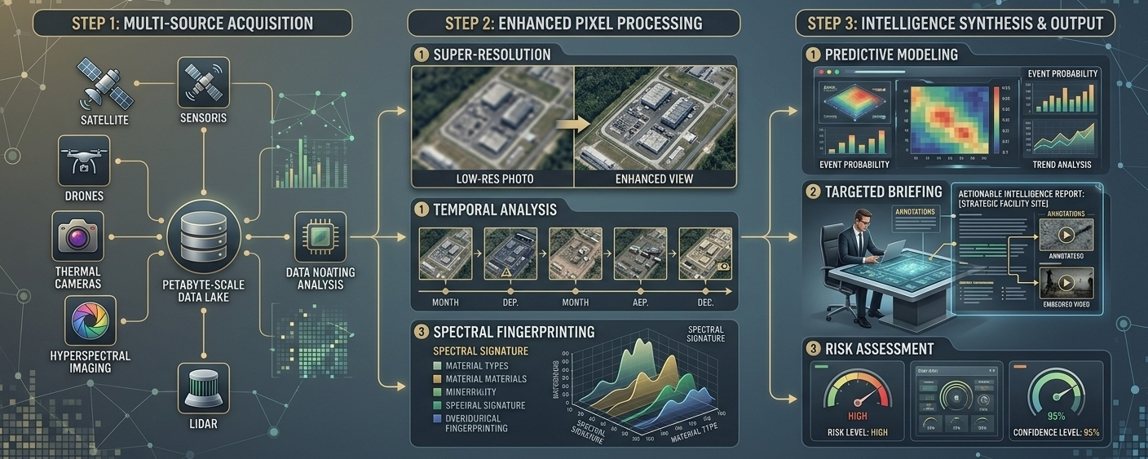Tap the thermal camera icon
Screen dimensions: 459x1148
coord(78,236)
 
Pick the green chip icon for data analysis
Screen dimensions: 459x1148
coord(320,236)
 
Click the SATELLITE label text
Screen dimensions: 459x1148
coord(105,121)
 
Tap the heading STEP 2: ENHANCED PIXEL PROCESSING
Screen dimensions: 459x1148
coord(573,22)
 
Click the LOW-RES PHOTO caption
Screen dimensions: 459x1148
coord(491,179)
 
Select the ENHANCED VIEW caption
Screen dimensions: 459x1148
coord(655,179)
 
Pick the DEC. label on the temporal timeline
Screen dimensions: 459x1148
coord(706,302)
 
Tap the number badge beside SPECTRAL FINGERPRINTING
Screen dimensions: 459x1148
coord(421,332)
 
